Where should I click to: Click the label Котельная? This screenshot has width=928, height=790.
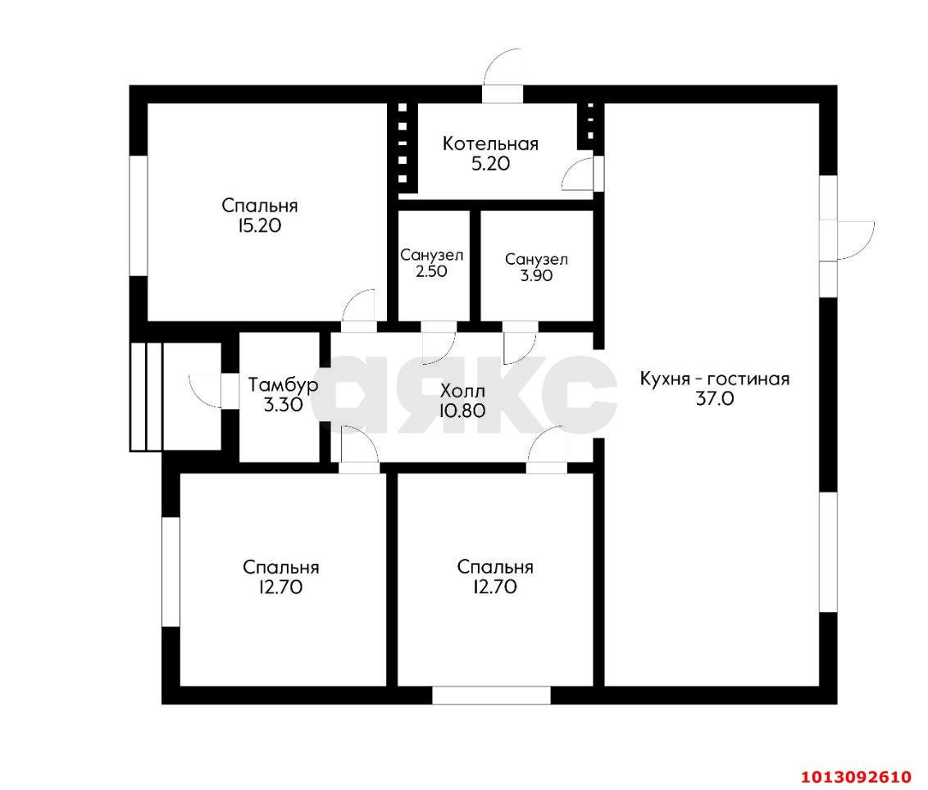[x=490, y=143]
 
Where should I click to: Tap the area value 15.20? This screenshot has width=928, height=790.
[x=259, y=225]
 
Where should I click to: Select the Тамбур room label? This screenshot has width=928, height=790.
[x=284, y=385]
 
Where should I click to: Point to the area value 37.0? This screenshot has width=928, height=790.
[x=714, y=399]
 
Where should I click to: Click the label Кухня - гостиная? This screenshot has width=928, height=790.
[x=714, y=379]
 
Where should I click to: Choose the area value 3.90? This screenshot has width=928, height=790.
[x=536, y=275]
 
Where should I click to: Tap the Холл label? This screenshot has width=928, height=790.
[x=463, y=391]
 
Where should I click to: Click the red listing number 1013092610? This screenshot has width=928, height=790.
[x=856, y=776]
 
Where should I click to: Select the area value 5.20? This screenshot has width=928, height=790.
[x=490, y=164]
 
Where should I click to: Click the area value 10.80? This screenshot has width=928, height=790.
[x=463, y=410]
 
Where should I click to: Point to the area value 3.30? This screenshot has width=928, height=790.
[x=284, y=406]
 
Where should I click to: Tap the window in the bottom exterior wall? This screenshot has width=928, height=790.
[x=491, y=695]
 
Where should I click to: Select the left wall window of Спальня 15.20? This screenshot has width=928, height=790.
[x=138, y=216]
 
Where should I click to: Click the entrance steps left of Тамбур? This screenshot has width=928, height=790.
[x=146, y=397]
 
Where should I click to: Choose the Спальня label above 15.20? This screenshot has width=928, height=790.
[x=259, y=206]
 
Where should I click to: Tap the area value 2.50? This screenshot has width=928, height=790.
[x=431, y=271]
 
